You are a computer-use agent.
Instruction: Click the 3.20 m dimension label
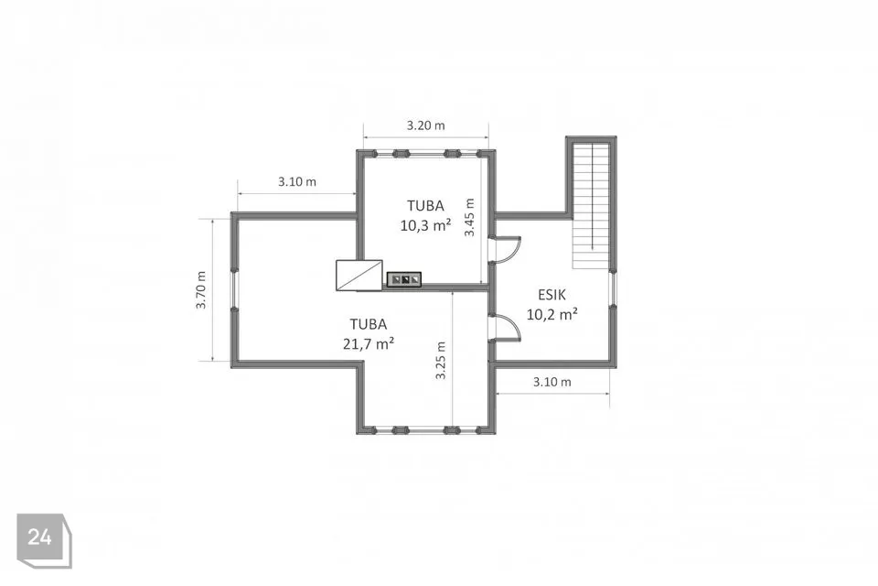(425, 125)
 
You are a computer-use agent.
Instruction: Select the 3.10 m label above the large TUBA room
(296, 181)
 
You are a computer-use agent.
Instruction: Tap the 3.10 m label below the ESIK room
(552, 382)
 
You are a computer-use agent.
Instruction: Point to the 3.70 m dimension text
(201, 290)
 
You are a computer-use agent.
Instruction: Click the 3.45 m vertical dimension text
(469, 218)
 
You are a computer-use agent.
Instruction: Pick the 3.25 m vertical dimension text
(441, 361)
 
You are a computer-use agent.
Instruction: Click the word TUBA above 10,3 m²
(425, 206)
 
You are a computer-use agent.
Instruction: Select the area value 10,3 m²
(425, 225)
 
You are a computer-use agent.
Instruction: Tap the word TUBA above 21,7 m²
(369, 324)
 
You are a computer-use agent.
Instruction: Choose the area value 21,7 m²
(369, 343)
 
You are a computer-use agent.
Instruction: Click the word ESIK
(552, 295)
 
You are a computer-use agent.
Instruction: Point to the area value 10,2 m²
(552, 314)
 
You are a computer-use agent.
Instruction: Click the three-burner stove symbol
(404, 278)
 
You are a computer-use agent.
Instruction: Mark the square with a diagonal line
(359, 276)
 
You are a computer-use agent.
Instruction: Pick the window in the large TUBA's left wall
(235, 289)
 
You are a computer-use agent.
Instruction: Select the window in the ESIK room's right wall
(614, 289)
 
